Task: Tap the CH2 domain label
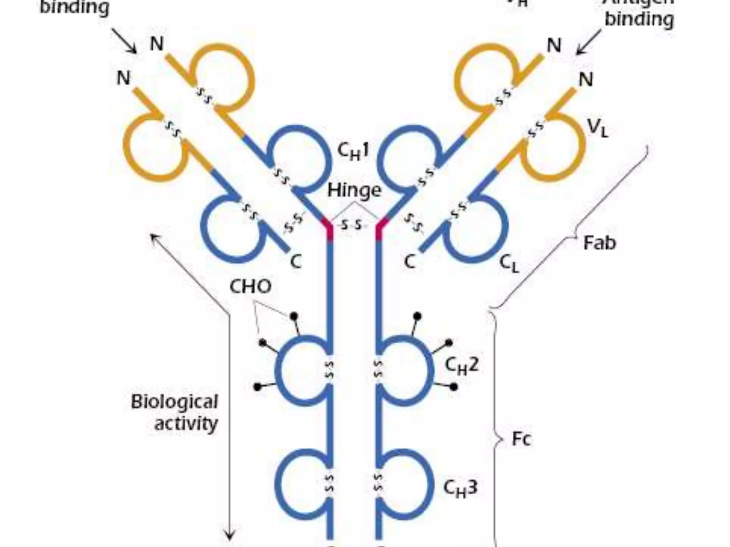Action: pyautogui.click(x=461, y=365)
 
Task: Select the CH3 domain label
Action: pyautogui.click(x=460, y=488)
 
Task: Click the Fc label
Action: pyautogui.click(x=521, y=439)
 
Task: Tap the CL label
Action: pyautogui.click(x=509, y=264)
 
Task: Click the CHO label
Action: pyautogui.click(x=250, y=286)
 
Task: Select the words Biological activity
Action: pyautogui.click(x=175, y=412)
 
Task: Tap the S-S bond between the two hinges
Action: pyautogui.click(x=351, y=225)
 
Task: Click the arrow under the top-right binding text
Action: pyautogui.click(x=588, y=43)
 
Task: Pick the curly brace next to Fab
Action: pyautogui.click(x=570, y=228)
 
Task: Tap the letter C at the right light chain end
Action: pyautogui.click(x=410, y=262)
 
